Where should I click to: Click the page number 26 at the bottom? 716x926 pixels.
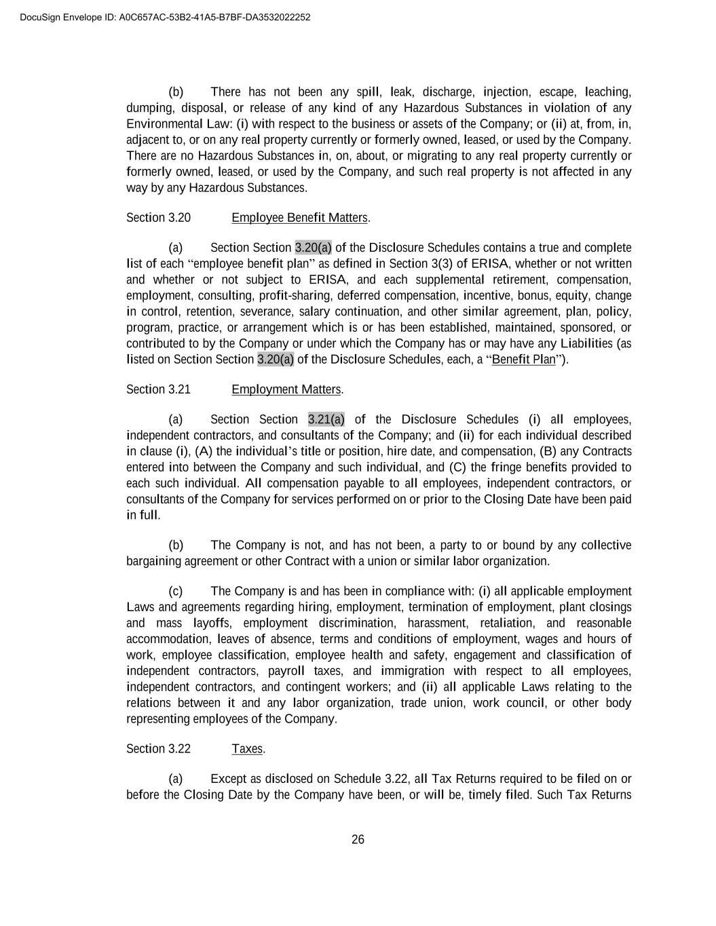point(358,840)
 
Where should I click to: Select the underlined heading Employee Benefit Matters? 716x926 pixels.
point(299,218)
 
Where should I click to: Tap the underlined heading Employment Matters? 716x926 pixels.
point(286,389)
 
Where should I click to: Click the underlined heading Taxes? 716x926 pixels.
point(247,749)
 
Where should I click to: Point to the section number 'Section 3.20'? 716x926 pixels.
point(158,218)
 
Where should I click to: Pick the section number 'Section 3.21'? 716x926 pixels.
point(158,389)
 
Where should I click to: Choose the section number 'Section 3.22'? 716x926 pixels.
point(158,749)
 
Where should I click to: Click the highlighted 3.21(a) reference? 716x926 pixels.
point(326,419)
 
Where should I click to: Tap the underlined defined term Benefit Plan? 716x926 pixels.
point(523,360)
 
